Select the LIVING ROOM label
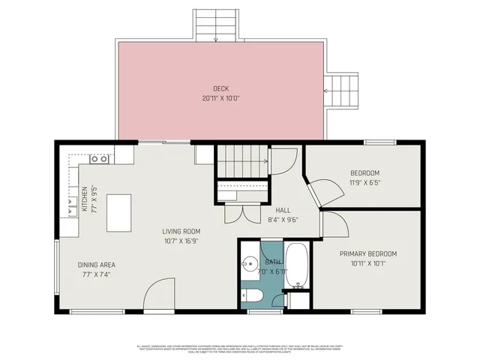181,231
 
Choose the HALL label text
283,211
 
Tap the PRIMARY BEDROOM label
367,253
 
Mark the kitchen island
118,213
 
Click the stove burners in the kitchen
98,159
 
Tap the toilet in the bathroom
253,295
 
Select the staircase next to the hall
242,161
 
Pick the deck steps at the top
216,25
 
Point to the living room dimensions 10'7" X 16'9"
181,241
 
